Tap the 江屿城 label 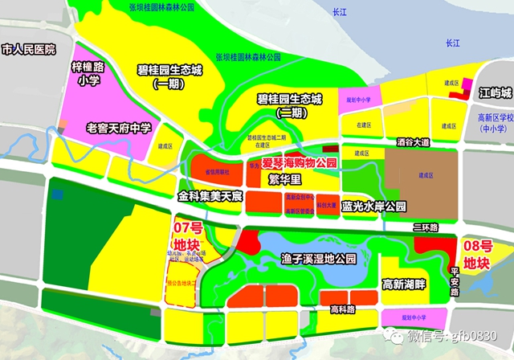point(492,92)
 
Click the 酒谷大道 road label point(413,141)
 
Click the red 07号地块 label point(187,235)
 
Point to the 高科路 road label point(342,308)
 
